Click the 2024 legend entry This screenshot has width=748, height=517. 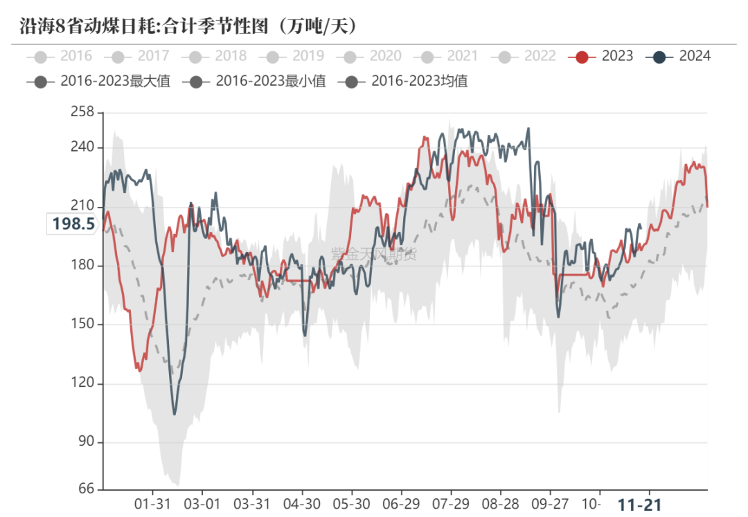tap(678, 56)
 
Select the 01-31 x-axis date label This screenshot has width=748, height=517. tap(152, 503)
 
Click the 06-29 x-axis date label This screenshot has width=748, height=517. tap(400, 503)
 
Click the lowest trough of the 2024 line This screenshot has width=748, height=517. tap(175, 414)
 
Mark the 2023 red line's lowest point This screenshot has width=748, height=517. tap(140, 371)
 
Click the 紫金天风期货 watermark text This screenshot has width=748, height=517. tap(374, 254)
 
